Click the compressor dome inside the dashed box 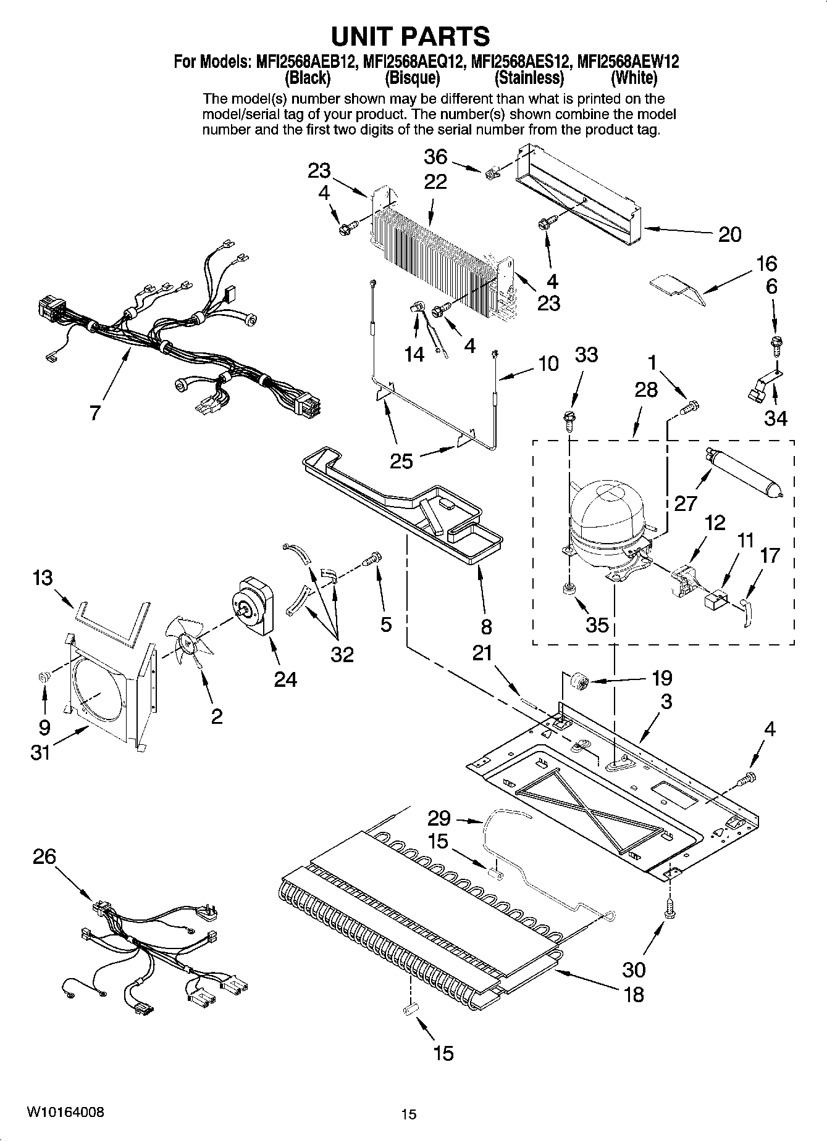(601, 510)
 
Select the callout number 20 (729, 234)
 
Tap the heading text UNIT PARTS (411, 36)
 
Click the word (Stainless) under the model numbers (529, 78)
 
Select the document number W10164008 (65, 1113)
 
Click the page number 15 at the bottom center (408, 1114)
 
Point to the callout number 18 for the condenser (634, 994)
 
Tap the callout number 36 (435, 157)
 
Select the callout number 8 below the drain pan (486, 627)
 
